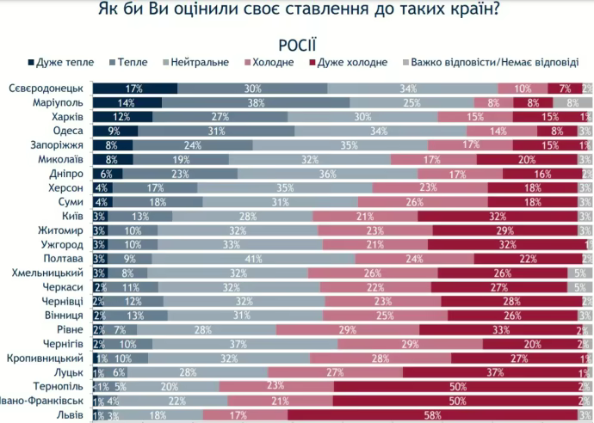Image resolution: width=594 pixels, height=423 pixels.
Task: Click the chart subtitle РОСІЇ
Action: [297, 45]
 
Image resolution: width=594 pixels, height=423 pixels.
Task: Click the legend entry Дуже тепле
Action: [63, 63]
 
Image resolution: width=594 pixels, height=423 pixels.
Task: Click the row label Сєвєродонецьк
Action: [46, 89]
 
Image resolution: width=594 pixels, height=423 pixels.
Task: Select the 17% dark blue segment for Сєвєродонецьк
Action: [134, 89]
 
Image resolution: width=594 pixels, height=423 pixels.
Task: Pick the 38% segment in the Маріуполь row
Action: [256, 102]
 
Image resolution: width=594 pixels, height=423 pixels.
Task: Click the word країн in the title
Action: [455, 12]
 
